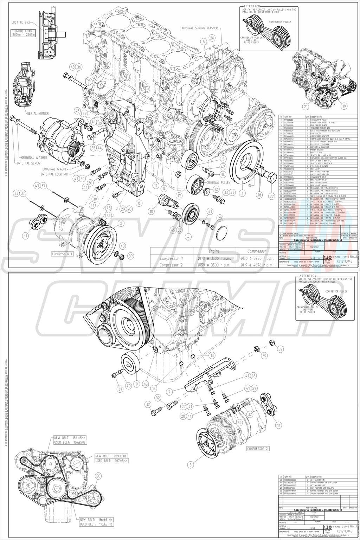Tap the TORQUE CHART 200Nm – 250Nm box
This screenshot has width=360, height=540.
(x=24, y=33)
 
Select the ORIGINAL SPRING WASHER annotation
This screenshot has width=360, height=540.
(x=199, y=27)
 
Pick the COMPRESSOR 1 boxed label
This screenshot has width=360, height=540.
(x=62, y=253)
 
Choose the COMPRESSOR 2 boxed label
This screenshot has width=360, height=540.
(x=258, y=449)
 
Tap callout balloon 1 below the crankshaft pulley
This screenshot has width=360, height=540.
(x=242, y=192)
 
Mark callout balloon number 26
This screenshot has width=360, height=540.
(x=212, y=38)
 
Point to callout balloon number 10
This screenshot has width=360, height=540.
(x=152, y=211)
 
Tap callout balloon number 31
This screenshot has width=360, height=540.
(x=120, y=389)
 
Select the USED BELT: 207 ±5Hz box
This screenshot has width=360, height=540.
(x=111, y=460)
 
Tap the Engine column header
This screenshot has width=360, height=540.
(x=214, y=251)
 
